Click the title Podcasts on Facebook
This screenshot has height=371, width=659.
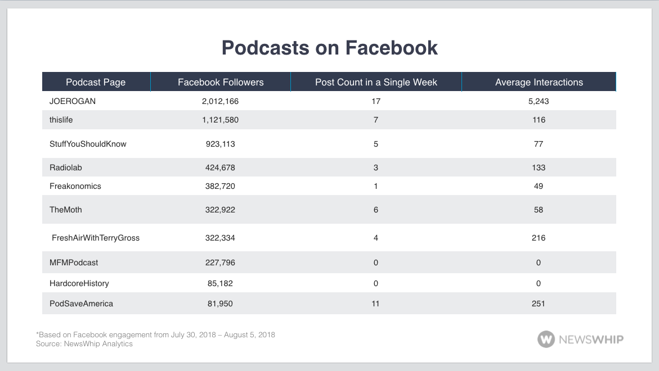tap(329, 48)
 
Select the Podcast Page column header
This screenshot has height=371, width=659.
tap(96, 82)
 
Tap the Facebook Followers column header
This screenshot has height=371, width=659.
tap(221, 82)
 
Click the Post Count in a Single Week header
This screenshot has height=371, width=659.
tap(376, 82)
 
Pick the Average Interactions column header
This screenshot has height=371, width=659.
tap(539, 82)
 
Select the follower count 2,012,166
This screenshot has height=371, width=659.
tap(221, 101)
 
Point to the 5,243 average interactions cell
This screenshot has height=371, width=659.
tap(539, 101)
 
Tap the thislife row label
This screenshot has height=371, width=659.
tap(61, 120)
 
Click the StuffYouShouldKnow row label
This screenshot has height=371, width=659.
tap(88, 144)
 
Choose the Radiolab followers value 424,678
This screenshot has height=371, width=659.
tap(221, 168)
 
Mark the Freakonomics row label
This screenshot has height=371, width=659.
tap(75, 186)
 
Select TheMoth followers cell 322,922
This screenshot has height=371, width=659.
tap(221, 210)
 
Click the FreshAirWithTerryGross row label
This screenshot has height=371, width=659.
tap(96, 238)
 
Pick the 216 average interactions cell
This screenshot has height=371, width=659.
tap(539, 238)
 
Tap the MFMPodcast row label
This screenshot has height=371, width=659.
tap(74, 263)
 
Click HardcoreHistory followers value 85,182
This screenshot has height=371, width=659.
tap(221, 283)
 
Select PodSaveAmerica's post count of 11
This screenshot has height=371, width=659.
tap(376, 304)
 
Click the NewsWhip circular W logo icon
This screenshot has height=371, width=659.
tap(546, 339)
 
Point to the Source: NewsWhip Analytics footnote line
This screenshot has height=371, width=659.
tap(84, 343)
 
